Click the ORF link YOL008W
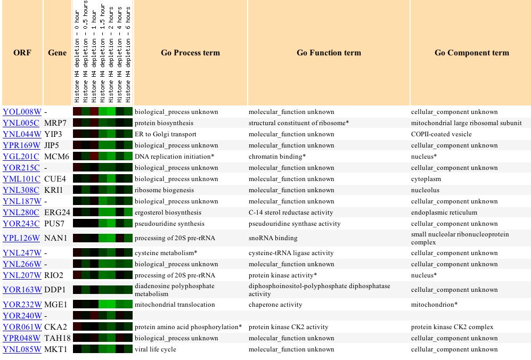point(22,112)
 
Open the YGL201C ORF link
point(21,157)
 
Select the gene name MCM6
point(56,157)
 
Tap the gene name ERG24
point(57,212)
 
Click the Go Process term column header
point(190,53)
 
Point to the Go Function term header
point(329,53)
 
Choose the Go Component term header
point(472,53)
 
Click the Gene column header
point(57,53)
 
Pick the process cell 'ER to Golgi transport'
point(166,134)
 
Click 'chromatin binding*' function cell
point(277,157)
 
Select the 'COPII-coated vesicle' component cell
point(442,134)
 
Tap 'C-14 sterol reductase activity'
point(291,212)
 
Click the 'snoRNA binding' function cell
point(273,238)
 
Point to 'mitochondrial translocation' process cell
point(175,305)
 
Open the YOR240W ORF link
point(22,316)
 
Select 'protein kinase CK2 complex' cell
point(452,327)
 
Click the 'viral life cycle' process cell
point(156,349)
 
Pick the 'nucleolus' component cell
point(426,190)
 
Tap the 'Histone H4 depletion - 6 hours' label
point(128,54)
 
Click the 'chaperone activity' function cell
point(275,305)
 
